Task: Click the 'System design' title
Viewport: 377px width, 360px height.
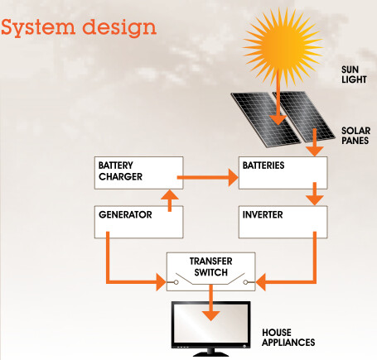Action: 79,27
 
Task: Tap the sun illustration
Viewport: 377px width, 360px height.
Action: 283,46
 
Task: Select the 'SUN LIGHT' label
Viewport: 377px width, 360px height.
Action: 354,74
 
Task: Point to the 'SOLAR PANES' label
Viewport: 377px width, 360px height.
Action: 355,136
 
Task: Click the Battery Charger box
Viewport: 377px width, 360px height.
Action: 138,173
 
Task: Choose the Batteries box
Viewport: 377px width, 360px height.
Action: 283,173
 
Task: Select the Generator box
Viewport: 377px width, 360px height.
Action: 138,222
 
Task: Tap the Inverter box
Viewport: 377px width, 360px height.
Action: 283,222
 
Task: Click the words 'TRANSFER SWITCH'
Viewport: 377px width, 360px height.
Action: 211,266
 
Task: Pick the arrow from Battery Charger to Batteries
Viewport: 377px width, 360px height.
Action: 207,177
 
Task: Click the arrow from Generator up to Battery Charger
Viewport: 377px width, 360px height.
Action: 170,200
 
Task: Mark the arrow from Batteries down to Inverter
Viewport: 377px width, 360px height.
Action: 315,194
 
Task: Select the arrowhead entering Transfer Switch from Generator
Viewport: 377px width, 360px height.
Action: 161,282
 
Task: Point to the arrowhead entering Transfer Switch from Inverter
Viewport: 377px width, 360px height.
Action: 261,282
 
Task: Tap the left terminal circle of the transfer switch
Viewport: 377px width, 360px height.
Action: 176,282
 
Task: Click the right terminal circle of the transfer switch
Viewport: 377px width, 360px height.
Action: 245,282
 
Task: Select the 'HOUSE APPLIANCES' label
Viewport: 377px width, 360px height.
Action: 288,338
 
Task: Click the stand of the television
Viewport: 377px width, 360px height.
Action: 210,353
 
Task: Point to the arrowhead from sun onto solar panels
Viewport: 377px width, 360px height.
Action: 278,120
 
